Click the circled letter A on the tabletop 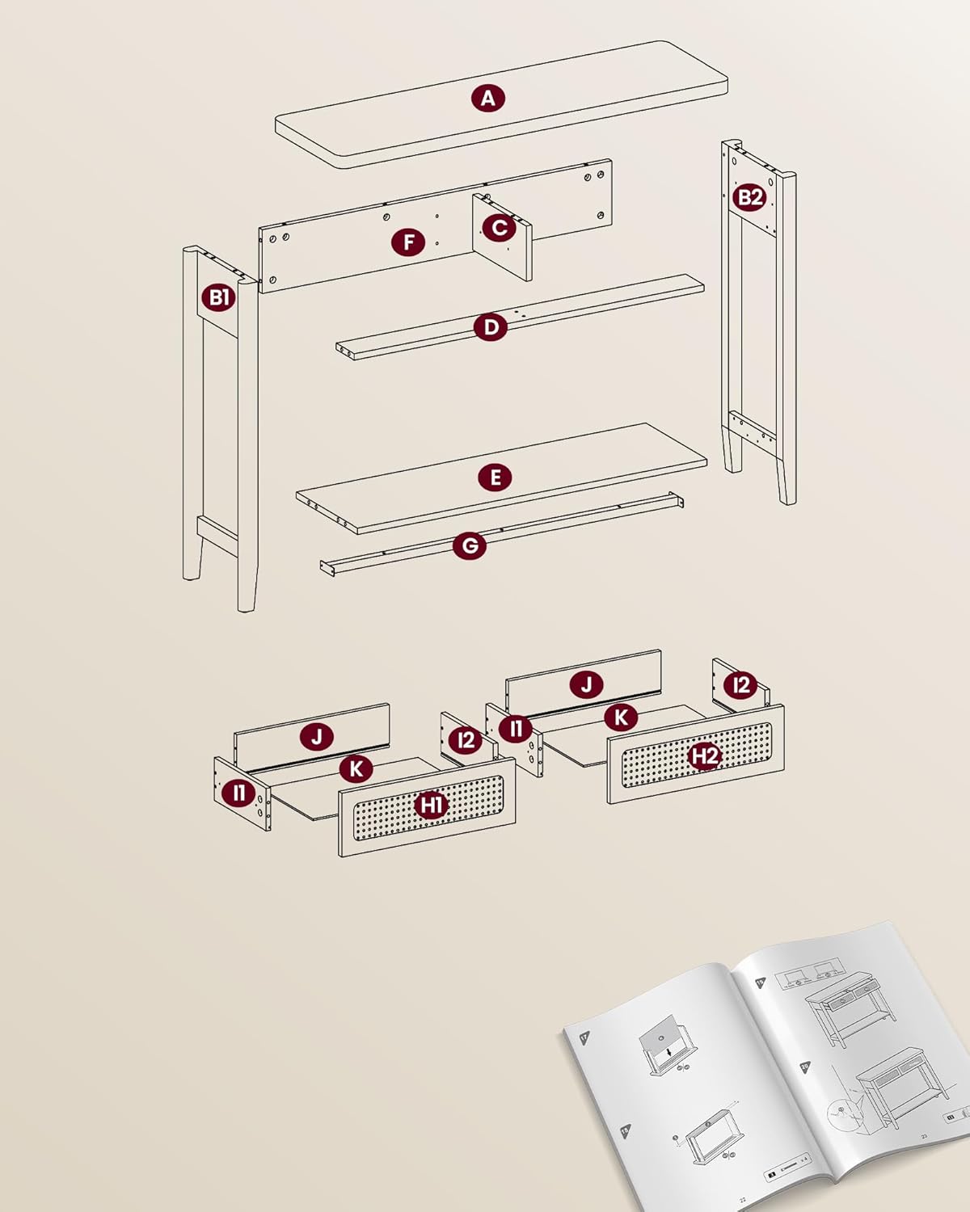[x=487, y=99]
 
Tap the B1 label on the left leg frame [x=218, y=297]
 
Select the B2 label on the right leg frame [x=749, y=196]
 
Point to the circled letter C [x=500, y=228]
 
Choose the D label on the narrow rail [x=490, y=327]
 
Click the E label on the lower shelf [x=495, y=477]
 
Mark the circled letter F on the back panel [x=408, y=242]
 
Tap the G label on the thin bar [x=470, y=545]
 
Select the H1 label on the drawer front [x=431, y=805]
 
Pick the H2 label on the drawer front [x=704, y=755]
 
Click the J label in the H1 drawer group [x=316, y=737]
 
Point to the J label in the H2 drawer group [x=586, y=684]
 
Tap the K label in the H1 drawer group [x=356, y=768]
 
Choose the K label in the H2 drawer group [x=621, y=717]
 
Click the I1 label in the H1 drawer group [x=239, y=793]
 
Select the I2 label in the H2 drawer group [x=740, y=685]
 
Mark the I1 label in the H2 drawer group [x=515, y=729]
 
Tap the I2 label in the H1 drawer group [x=466, y=739]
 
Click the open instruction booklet [x=768, y=1067]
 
